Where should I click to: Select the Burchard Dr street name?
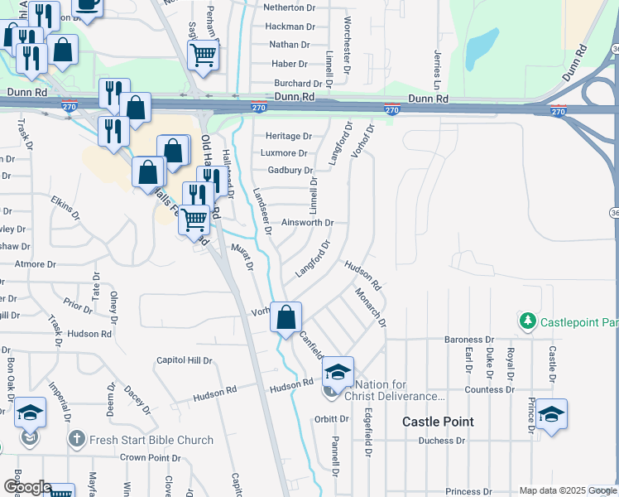point(298,84)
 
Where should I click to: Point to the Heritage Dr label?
point(286,136)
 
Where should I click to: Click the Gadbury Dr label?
point(283,171)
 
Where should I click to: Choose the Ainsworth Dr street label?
point(307,223)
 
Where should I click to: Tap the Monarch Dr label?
point(370,307)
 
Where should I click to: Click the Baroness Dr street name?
point(468,340)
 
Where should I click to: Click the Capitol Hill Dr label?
point(185,361)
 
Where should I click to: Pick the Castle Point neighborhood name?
point(438,422)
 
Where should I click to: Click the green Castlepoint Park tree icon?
point(525,320)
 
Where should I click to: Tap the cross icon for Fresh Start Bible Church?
point(75,439)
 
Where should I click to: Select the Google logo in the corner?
point(26,487)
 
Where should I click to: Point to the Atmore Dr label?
point(36,264)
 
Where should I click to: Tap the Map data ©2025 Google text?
point(567,490)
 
